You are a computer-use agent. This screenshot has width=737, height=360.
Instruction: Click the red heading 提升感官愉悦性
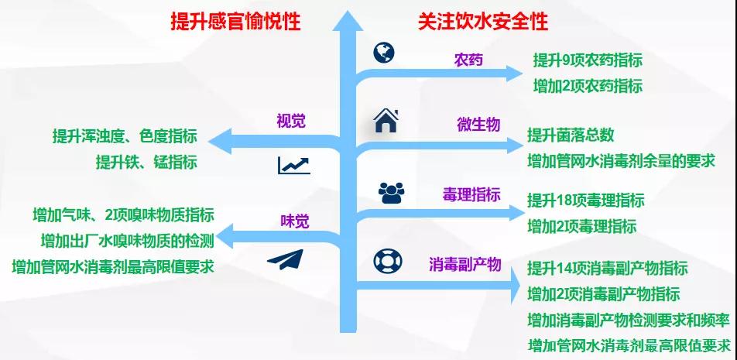(235, 22)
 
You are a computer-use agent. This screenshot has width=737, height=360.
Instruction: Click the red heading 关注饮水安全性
(483, 22)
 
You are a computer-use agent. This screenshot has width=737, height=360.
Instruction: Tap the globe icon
(384, 53)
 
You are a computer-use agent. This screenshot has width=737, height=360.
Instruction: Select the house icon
(386, 121)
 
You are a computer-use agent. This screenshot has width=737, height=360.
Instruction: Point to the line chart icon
(293, 166)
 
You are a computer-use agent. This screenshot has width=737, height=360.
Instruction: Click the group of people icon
(392, 193)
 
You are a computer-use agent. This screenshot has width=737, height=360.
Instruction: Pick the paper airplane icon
(286, 259)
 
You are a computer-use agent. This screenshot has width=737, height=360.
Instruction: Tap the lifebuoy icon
(388, 262)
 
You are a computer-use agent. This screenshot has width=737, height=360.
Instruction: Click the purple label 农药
(468, 60)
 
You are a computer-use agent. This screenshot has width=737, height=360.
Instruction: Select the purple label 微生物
(478, 125)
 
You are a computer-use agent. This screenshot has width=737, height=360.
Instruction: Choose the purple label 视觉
(291, 122)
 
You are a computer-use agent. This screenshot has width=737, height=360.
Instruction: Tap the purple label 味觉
(295, 221)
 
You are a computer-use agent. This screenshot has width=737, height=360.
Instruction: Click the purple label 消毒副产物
(464, 264)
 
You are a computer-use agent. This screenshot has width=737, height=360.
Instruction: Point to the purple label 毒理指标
(471, 194)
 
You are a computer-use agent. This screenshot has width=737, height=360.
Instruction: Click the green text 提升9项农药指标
(588, 60)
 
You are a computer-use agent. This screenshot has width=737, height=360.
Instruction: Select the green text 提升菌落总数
(571, 135)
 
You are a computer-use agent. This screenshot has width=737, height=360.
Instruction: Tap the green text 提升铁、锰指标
(146, 163)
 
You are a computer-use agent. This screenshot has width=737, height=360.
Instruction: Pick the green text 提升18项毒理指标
(585, 201)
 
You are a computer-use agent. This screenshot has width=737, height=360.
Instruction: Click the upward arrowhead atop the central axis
(348, 21)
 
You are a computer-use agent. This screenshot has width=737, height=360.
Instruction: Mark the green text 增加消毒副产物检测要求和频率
(628, 321)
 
